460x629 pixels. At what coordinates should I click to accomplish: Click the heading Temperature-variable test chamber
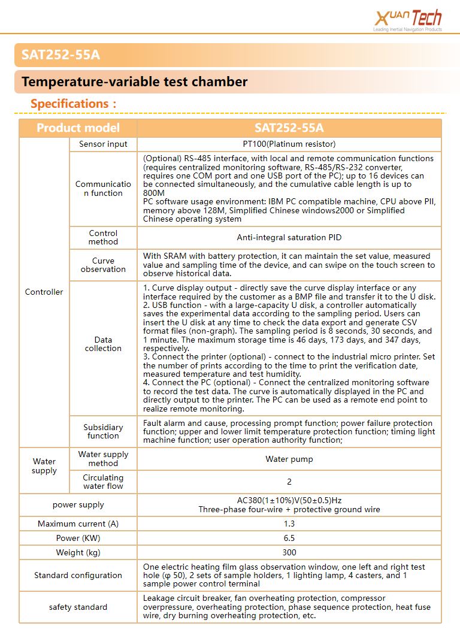135,81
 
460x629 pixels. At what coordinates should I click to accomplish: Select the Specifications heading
74,104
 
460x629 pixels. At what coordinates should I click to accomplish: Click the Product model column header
78,128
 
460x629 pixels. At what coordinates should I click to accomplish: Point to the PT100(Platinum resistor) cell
289,144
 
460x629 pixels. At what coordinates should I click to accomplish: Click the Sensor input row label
103,144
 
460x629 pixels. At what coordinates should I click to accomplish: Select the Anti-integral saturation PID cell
289,237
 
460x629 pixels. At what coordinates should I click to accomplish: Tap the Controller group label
44,292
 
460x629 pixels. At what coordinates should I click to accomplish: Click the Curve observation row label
103,265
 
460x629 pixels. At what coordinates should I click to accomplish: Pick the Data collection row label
103,344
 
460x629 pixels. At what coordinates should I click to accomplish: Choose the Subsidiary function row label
103,431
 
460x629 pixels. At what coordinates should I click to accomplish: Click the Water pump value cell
289,459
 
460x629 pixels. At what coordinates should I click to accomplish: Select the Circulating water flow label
103,482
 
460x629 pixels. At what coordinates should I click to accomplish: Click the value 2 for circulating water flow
289,482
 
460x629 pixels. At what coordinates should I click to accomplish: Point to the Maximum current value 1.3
289,524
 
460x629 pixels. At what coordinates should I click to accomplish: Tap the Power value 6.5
289,538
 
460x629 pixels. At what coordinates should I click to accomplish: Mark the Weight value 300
289,552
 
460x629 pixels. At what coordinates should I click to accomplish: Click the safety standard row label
78,607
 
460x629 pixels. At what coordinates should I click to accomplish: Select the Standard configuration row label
78,575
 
